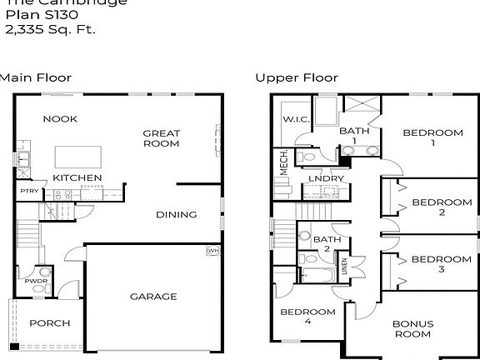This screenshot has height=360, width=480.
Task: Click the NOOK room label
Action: tap(60, 119)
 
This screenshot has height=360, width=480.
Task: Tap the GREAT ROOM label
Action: tap(161, 138)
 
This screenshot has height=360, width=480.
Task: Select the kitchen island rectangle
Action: tap(78, 157)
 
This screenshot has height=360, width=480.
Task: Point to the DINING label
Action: tap(177, 214)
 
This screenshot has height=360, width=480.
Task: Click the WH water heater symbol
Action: tap(212, 250)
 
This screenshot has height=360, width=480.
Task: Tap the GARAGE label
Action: tap(153, 297)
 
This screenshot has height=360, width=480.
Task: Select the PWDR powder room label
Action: tap(35, 281)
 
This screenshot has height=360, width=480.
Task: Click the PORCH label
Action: tap(49, 323)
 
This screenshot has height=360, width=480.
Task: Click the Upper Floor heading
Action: tap(297, 77)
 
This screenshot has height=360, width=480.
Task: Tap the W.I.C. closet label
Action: tap(296, 119)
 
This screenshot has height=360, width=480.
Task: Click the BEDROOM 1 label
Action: tap(432, 138)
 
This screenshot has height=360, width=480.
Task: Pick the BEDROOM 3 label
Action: tap(442, 263)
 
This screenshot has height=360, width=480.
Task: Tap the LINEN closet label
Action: tap(345, 267)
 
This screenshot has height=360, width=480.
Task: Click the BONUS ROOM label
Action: tap(413, 328)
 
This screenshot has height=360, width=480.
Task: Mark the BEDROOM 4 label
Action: tap(307, 317)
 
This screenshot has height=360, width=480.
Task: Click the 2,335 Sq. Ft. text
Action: tap(51, 29)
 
